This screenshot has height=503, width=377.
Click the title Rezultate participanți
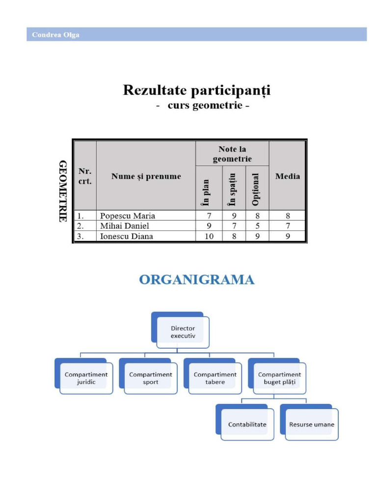[196, 91]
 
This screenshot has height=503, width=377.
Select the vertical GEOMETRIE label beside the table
[63, 191]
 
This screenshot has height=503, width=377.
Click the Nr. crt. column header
[85, 176]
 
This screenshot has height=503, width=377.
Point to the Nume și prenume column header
[146, 176]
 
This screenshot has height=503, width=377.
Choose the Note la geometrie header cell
[232, 154]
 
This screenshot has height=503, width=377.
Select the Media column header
[288, 176]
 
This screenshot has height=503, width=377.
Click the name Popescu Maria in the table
[127, 216]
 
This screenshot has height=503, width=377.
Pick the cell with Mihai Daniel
[125, 226]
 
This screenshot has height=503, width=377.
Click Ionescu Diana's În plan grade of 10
[209, 236]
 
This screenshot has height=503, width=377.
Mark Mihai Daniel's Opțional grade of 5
[257, 226]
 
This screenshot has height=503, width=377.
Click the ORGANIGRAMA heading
[197, 280]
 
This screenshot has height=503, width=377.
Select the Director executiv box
[183, 332]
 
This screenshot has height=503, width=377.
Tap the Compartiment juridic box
[86, 378]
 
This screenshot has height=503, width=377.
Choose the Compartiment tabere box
[215, 378]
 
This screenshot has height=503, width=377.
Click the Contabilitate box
[247, 424]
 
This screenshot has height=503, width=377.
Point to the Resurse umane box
[311, 424]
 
